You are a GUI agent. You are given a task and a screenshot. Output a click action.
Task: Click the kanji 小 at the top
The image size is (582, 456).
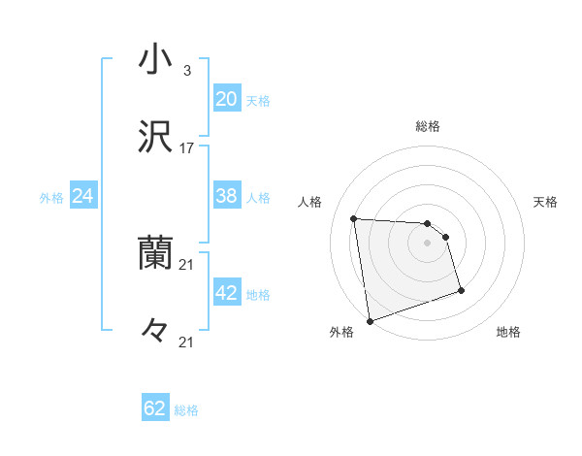point(156,60)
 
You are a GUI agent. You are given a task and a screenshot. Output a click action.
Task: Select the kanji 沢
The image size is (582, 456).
point(156,138)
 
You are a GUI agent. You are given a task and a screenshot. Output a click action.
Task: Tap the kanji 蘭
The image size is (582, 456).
point(156,254)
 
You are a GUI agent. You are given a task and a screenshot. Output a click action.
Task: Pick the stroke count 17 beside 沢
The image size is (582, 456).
point(187,148)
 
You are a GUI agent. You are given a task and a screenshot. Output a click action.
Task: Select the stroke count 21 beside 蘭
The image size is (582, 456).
point(187,264)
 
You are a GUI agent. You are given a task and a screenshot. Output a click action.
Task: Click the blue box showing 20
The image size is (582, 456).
point(226,99)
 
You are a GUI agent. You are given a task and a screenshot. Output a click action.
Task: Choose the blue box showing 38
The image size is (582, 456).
point(226,196)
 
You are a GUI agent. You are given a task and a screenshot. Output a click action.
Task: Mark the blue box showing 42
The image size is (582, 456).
point(226,293)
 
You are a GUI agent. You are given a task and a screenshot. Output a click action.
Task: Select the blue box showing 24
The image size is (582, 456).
point(83,196)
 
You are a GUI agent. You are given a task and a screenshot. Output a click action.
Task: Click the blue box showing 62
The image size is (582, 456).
point(155,408)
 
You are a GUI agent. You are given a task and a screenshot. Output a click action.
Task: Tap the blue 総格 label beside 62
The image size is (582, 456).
point(186,410)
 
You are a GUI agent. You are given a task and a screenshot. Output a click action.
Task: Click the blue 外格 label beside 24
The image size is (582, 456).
point(51,198)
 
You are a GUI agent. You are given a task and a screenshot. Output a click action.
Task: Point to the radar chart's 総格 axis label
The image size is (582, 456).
point(428,126)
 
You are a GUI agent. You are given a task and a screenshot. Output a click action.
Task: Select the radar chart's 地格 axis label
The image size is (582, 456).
point(508,333)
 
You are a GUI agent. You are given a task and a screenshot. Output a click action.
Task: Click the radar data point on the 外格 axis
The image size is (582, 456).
point(369,320)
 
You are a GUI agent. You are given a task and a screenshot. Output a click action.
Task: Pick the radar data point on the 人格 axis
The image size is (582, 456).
point(354,218)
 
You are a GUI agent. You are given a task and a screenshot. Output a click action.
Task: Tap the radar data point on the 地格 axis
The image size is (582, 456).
point(461,290)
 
